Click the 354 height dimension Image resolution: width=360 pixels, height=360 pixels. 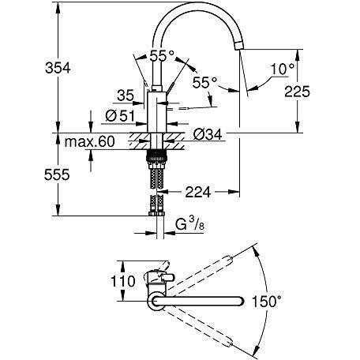click(x=58, y=68)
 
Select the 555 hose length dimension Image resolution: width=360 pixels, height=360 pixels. click(x=57, y=174)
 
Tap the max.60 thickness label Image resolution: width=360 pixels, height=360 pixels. click(x=90, y=142)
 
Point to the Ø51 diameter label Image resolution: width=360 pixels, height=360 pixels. click(x=120, y=116)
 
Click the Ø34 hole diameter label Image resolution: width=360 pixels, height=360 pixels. click(x=208, y=135)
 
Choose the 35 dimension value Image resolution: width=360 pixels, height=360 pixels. click(x=126, y=96)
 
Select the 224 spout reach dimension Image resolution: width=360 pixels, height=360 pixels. click(x=198, y=192)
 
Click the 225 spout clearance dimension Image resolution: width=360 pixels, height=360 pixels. click(x=298, y=92)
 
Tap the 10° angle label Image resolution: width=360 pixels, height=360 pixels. click(x=283, y=69)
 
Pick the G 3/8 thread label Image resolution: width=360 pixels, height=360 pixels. click(x=189, y=226)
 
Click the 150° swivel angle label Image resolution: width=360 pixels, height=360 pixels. click(x=267, y=302)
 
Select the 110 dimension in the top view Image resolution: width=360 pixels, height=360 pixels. click(x=123, y=281)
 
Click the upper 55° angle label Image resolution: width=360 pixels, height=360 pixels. click(x=162, y=56)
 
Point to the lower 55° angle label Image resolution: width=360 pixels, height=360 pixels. click(x=204, y=82)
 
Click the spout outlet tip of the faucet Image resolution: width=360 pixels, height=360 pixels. click(x=239, y=47)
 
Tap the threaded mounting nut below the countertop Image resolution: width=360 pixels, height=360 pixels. click(x=156, y=157)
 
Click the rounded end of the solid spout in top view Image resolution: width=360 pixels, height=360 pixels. click(x=241, y=301)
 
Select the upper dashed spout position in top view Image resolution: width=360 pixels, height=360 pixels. click(x=200, y=274)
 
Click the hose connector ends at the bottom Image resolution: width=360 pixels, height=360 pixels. click(x=156, y=213)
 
